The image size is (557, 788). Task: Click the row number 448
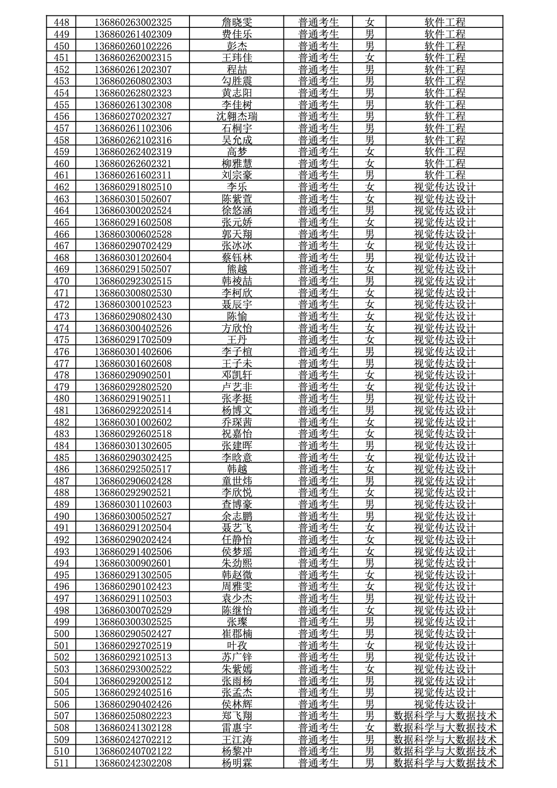[61, 22]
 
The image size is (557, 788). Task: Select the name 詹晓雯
[237, 22]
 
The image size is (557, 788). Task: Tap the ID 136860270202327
[133, 116]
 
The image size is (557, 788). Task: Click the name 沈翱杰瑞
[237, 116]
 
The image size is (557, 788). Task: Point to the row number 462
[61, 187]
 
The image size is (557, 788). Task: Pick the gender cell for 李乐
[370, 187]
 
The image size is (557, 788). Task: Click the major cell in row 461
[445, 175]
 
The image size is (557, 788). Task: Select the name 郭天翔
[237, 234]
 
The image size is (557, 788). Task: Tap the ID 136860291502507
[133, 269]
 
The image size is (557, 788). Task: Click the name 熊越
[237, 269]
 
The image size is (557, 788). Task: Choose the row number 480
[61, 398]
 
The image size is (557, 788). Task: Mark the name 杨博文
[237, 410]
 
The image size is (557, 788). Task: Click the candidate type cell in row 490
[318, 516]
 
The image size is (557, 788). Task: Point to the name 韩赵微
[237, 575]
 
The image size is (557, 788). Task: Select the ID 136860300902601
[133, 563]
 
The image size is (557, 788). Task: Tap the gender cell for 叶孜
[370, 645]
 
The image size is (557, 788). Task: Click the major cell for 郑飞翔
[445, 716]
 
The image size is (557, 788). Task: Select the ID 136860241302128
[133, 728]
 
